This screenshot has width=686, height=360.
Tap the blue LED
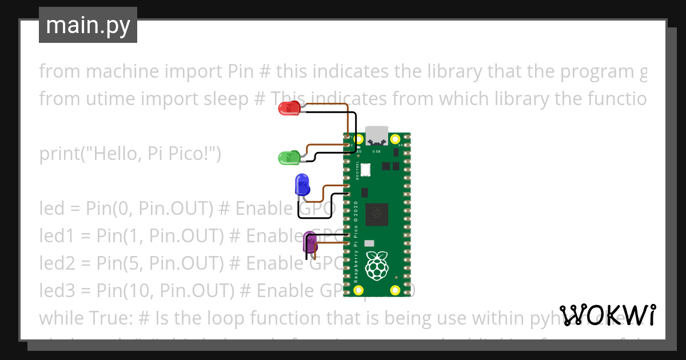click(302, 185)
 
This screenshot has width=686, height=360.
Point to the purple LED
click(310, 243)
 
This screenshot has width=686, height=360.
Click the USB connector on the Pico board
click(377, 135)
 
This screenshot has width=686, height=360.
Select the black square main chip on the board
click(377, 214)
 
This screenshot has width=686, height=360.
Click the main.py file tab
click(88, 26)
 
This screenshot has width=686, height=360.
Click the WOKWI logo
click(608, 315)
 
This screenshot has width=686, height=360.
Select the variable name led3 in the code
click(57, 291)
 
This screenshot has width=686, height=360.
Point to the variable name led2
click(57, 263)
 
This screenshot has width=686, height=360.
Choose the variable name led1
click(55, 236)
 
